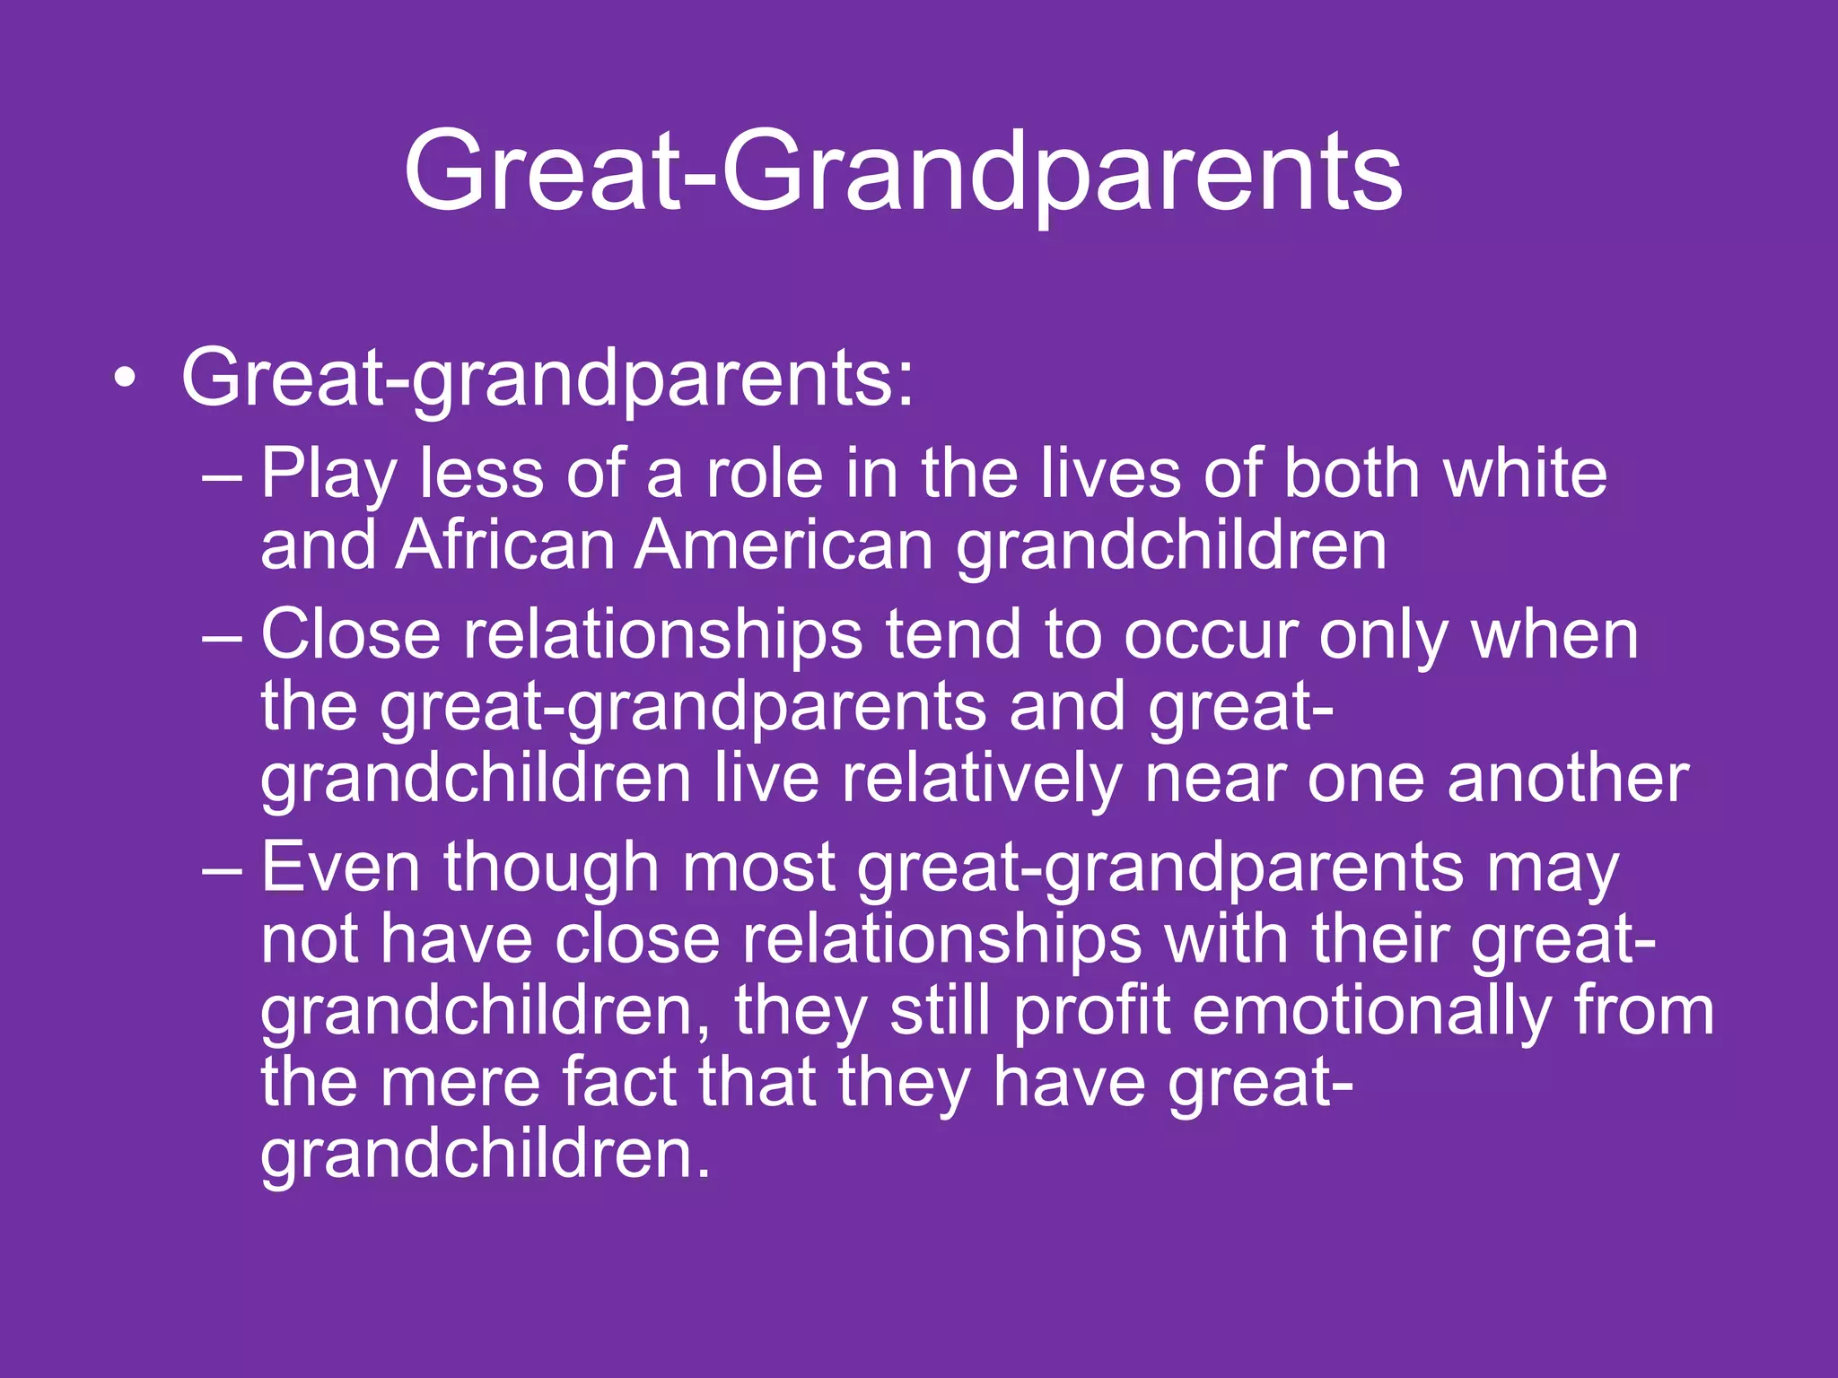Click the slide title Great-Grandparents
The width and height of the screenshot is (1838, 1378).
[903, 170]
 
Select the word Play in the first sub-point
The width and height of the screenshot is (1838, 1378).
[328, 475]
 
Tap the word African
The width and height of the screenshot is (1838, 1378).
[504, 545]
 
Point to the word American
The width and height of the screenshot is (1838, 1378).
[784, 545]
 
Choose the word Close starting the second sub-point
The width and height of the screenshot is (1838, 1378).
[350, 635]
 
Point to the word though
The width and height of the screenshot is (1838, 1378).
[551, 868]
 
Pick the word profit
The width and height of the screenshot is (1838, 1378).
[1091, 1011]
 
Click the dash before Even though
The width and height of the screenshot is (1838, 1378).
[222, 870]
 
